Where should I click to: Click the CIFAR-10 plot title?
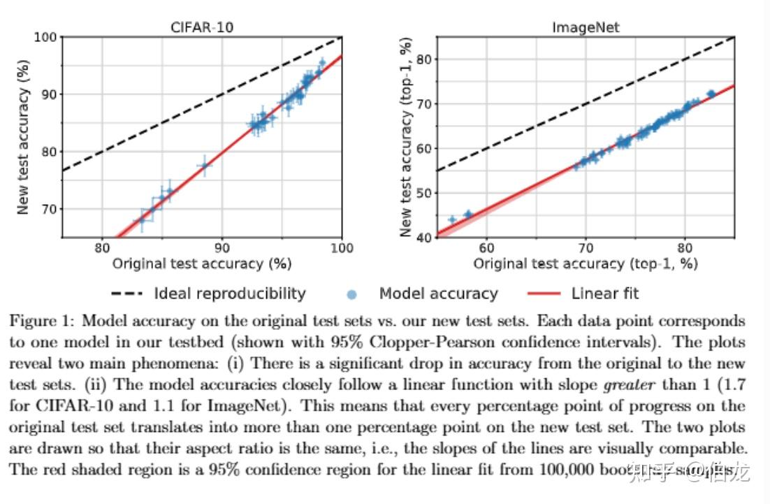click(201, 27)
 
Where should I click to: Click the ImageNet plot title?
click(586, 27)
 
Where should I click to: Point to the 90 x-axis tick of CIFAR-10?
click(221, 248)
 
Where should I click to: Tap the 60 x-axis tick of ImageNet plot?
click(486, 248)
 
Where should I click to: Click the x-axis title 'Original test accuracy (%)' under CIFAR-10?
click(201, 264)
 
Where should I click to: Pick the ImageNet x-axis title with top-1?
click(586, 264)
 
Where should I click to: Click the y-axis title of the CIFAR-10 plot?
click(23, 136)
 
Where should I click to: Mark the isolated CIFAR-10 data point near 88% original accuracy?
click(204, 166)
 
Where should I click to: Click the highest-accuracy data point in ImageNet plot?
click(711, 93)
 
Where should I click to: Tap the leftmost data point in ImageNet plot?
click(452, 219)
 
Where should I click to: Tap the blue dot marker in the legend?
click(354, 294)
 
